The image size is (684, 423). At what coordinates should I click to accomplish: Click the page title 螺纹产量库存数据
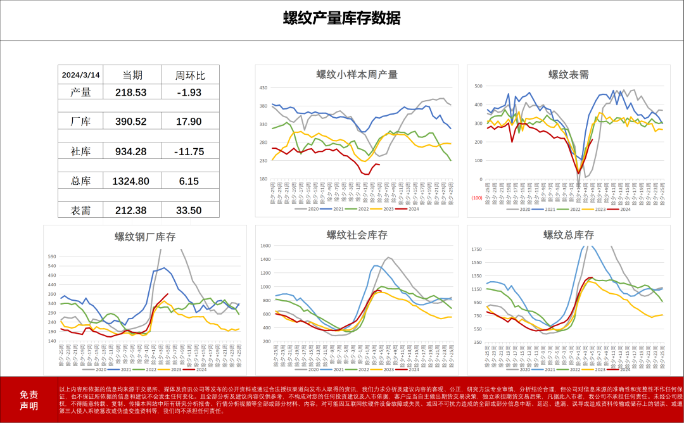pyautogui.click(x=341, y=18)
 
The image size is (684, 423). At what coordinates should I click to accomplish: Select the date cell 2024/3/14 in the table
pyautogui.click(x=81, y=75)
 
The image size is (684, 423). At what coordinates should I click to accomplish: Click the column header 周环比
pyautogui.click(x=190, y=75)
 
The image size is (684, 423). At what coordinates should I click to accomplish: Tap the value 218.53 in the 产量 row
pyautogui.click(x=130, y=92)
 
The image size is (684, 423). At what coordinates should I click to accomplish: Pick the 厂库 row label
pyautogui.click(x=81, y=122)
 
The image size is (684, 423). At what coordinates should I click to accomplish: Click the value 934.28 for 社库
pyautogui.click(x=130, y=151)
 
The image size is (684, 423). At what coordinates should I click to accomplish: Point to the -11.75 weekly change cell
pyautogui.click(x=190, y=151)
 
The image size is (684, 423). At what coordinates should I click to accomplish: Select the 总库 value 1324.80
pyautogui.click(x=130, y=181)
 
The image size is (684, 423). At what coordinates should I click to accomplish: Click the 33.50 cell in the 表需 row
pyautogui.click(x=190, y=210)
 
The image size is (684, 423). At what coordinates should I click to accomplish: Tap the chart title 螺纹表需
pyautogui.click(x=568, y=75)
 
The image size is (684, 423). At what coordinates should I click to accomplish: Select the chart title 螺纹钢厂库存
pyautogui.click(x=145, y=237)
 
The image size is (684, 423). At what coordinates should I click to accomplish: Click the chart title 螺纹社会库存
pyautogui.click(x=357, y=236)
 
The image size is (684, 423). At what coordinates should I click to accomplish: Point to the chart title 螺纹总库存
pyautogui.click(x=568, y=236)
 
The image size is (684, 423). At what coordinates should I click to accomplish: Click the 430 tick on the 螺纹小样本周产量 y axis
pyautogui.click(x=264, y=88)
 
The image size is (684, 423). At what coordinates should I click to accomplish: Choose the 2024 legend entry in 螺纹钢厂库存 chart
pyautogui.click(x=198, y=370)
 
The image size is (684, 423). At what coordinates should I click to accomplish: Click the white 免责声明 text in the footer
pyautogui.click(x=28, y=400)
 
